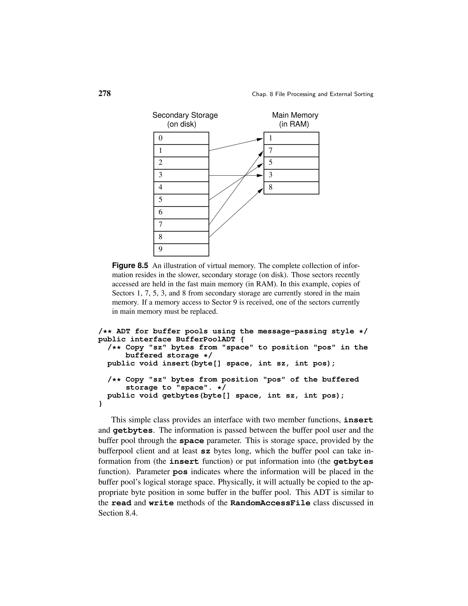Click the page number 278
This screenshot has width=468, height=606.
(104, 94)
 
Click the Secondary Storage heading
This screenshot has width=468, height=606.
(185, 115)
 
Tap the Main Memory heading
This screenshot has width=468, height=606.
(295, 115)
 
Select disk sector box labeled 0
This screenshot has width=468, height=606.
(181, 138)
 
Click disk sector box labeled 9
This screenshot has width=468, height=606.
(181, 250)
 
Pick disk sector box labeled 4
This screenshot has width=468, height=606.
(181, 188)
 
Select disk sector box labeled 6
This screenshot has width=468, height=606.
(181, 212)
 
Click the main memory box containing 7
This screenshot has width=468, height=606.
(291, 151)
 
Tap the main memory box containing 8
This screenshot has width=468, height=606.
(291, 188)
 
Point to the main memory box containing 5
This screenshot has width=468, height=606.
(291, 163)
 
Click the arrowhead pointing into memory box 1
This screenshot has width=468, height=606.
(260, 139)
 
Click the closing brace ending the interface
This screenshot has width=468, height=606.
(100, 403)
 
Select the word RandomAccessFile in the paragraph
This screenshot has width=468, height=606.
(270, 503)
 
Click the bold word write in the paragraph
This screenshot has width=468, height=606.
(161, 503)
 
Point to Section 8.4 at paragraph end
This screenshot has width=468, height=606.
(118, 513)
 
